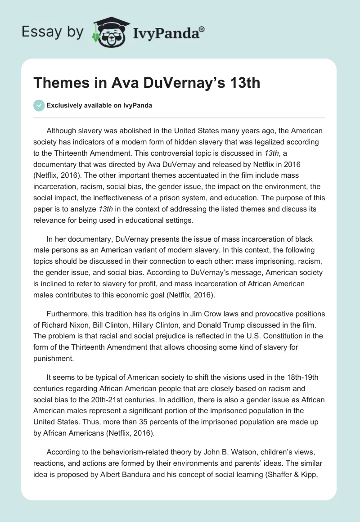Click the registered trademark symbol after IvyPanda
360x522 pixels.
point(202,29)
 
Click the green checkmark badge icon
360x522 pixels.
point(39,105)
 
